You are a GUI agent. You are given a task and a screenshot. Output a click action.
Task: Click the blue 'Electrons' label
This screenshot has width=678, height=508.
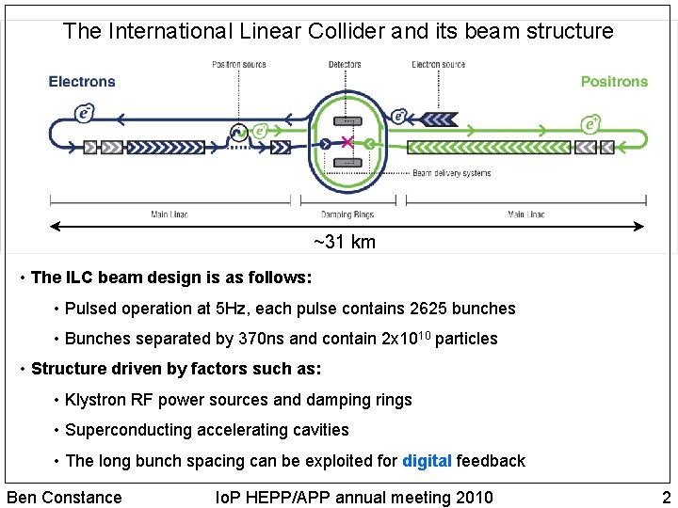coord(82,82)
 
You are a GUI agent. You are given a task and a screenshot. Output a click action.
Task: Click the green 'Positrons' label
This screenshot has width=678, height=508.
coord(614,82)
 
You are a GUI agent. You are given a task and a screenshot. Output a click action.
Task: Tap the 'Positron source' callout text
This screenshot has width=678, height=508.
coord(238,64)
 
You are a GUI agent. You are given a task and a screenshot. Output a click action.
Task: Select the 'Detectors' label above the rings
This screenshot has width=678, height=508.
coord(345,64)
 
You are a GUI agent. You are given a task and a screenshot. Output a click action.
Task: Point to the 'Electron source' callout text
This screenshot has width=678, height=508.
coord(438,64)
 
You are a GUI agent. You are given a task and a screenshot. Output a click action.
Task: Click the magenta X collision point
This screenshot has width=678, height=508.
coord(347,142)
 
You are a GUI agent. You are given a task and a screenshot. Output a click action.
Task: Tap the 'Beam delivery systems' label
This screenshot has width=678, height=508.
coord(452,173)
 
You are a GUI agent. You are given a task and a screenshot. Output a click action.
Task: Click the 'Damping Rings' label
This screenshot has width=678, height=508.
coord(347,214)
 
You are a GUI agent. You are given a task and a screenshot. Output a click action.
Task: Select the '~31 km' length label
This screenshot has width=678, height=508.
coord(345,242)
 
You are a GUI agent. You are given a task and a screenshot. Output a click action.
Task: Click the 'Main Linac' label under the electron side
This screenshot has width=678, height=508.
coord(169,214)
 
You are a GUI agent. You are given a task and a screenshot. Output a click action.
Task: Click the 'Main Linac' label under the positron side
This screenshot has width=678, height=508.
coord(525,214)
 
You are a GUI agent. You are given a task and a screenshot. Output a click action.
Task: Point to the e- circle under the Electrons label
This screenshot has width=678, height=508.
coord(85,114)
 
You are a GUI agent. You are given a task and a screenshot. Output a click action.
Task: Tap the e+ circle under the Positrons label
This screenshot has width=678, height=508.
coord(591,123)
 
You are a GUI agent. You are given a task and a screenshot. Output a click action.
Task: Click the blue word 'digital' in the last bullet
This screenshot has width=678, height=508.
coord(427,461)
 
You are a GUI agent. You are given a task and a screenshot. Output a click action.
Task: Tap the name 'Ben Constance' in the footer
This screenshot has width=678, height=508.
coord(64,497)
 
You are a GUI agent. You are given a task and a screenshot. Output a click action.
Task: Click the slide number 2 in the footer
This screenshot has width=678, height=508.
coord(666,497)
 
